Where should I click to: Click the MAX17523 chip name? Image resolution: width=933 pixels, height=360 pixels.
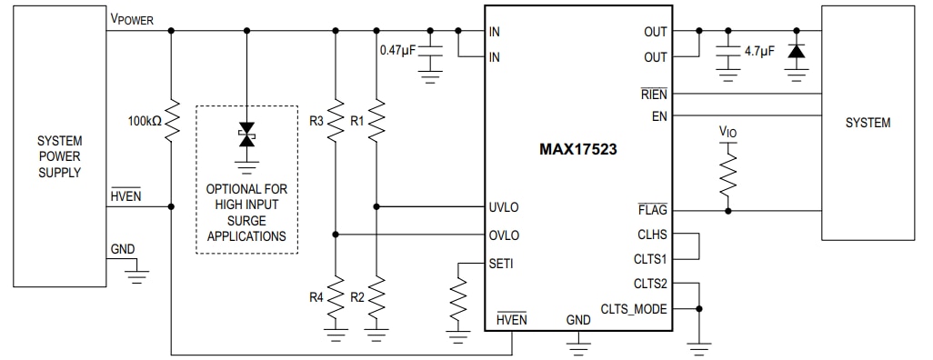click(x=578, y=149)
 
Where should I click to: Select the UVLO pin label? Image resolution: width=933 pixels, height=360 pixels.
click(x=504, y=207)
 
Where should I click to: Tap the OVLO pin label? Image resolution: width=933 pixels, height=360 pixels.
click(x=504, y=235)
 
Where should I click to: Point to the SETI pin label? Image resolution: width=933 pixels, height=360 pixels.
click(x=501, y=264)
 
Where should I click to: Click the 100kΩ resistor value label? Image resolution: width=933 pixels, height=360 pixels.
click(x=144, y=120)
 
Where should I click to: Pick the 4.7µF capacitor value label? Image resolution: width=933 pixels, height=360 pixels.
click(x=759, y=52)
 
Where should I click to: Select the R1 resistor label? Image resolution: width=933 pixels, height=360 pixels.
click(x=357, y=119)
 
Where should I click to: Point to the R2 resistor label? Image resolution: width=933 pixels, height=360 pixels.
click(x=357, y=296)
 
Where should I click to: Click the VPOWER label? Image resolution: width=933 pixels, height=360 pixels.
click(x=132, y=19)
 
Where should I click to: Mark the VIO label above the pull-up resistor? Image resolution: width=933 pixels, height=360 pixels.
click(x=727, y=132)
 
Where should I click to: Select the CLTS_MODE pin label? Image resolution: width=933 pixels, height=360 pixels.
click(x=634, y=309)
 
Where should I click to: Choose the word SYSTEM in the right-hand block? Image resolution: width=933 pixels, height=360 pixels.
click(x=868, y=123)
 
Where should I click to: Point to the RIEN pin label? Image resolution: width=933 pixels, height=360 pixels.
click(x=653, y=94)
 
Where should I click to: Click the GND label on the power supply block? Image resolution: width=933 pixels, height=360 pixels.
click(x=122, y=249)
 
